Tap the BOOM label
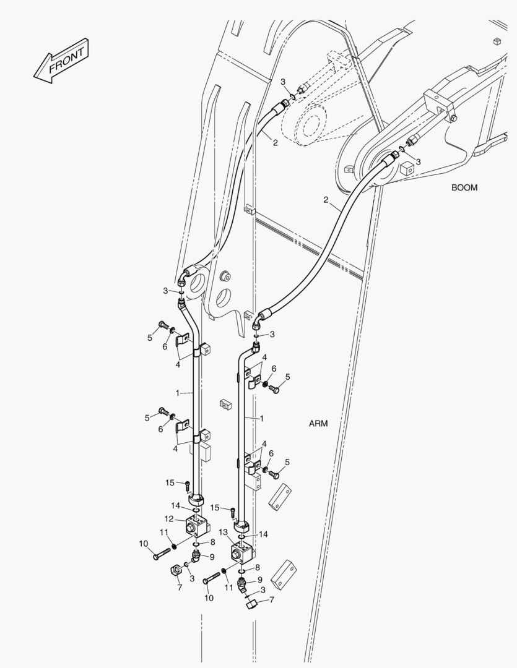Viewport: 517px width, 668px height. pyautogui.click(x=464, y=187)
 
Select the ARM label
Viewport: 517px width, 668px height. pyautogui.click(x=318, y=424)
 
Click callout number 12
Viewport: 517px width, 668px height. pyautogui.click(x=169, y=519)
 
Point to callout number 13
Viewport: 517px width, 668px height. pyautogui.click(x=224, y=532)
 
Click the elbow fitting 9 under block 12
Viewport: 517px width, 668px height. pyautogui.click(x=196, y=557)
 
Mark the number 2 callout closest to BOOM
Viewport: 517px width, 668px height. pyautogui.click(x=326, y=200)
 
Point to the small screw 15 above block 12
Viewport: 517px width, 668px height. pyautogui.click(x=188, y=486)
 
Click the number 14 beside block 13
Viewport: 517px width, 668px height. pyautogui.click(x=264, y=534)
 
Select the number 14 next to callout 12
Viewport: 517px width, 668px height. pyautogui.click(x=176, y=506)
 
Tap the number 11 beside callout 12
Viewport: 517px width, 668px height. pyautogui.click(x=164, y=532)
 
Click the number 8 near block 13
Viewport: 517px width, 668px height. pyautogui.click(x=257, y=567)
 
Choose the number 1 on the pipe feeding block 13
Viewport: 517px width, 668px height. pyautogui.click(x=261, y=418)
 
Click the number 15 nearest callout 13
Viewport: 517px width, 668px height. pyautogui.click(x=215, y=507)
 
